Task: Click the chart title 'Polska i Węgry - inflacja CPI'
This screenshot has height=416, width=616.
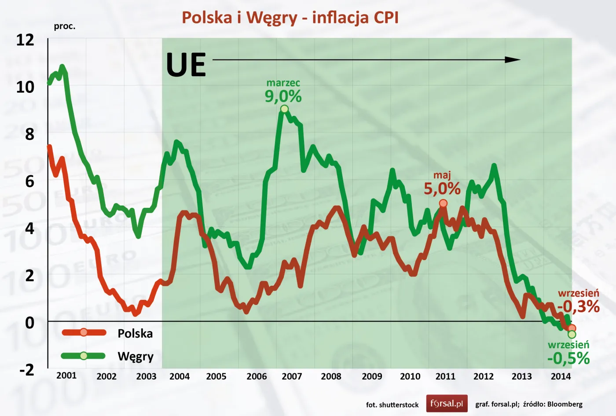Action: click(290, 18)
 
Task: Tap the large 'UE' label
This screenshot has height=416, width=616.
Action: click(186, 65)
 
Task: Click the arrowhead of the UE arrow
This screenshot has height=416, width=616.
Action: click(513, 60)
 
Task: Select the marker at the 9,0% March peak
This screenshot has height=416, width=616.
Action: click(284, 109)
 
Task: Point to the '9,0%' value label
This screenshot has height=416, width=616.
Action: click(283, 96)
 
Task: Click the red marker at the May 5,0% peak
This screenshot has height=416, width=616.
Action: click(443, 203)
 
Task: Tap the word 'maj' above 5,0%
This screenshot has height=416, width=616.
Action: click(442, 175)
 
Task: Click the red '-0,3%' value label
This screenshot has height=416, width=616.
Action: click(578, 306)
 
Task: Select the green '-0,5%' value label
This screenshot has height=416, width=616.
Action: click(568, 358)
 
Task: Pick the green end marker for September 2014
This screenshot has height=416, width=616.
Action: click(572, 335)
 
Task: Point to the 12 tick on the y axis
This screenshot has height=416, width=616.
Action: click(25, 40)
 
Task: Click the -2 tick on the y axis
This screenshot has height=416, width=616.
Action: click(26, 370)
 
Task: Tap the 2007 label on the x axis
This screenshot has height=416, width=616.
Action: click(292, 376)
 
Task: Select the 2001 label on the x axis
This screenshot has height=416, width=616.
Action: click(66, 376)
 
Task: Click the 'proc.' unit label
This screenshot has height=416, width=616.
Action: click(65, 26)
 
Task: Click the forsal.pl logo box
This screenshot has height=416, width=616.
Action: click(447, 403)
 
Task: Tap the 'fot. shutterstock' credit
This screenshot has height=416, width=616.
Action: click(392, 405)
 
